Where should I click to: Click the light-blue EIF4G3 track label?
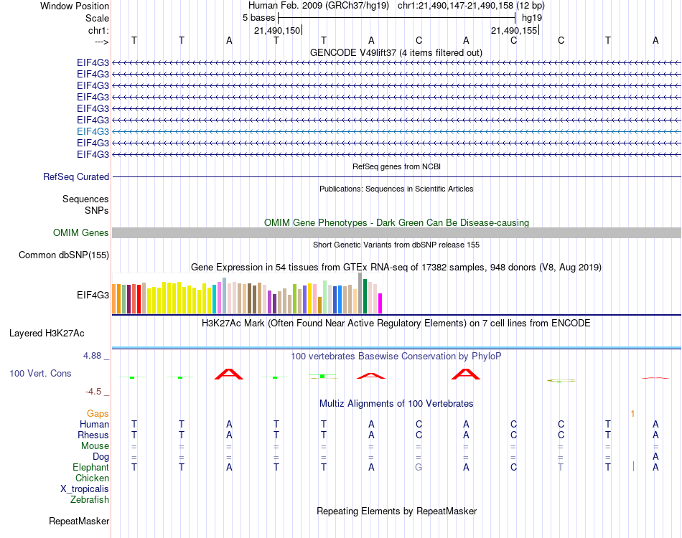93,131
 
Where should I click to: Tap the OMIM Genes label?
81,232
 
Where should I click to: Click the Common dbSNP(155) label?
64,255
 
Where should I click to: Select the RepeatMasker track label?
79,521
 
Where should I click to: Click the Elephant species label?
91,467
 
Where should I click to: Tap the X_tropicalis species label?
85,489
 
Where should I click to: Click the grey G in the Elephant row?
419,467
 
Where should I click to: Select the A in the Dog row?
655,456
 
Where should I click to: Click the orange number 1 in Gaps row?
632,413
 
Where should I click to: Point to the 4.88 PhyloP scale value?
95,355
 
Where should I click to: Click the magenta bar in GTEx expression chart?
380,303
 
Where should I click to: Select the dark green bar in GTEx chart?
365,296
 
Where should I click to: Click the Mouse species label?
95,445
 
